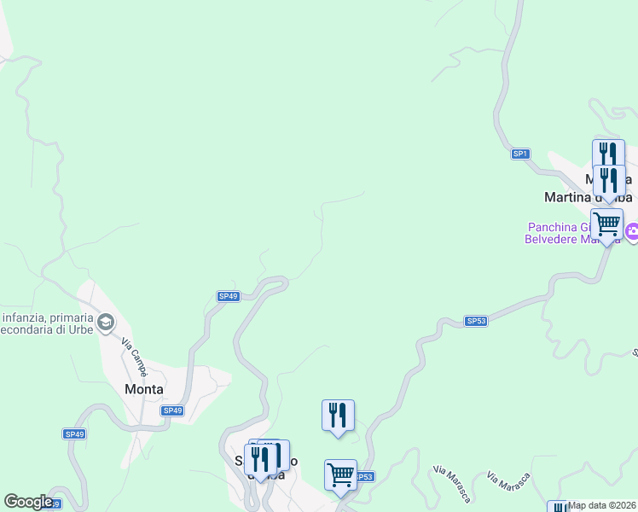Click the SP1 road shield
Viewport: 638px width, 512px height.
pos(521,154)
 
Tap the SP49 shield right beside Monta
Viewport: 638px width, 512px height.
pos(172,410)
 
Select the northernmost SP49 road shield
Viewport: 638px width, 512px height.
pos(228,296)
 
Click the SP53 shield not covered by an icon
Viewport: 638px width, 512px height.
pos(476,321)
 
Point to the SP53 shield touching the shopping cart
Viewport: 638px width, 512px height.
pos(365,476)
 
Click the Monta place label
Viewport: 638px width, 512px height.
pos(143,388)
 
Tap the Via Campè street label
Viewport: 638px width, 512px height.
pos(134,358)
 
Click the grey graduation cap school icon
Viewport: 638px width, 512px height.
pos(106,323)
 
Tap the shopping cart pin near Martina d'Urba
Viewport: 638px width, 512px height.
pos(606,225)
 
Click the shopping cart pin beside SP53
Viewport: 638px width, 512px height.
pos(340,475)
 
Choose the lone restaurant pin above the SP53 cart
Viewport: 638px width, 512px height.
pos(338,416)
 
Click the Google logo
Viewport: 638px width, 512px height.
pos(28,502)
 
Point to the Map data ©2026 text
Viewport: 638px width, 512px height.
pos(602,505)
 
